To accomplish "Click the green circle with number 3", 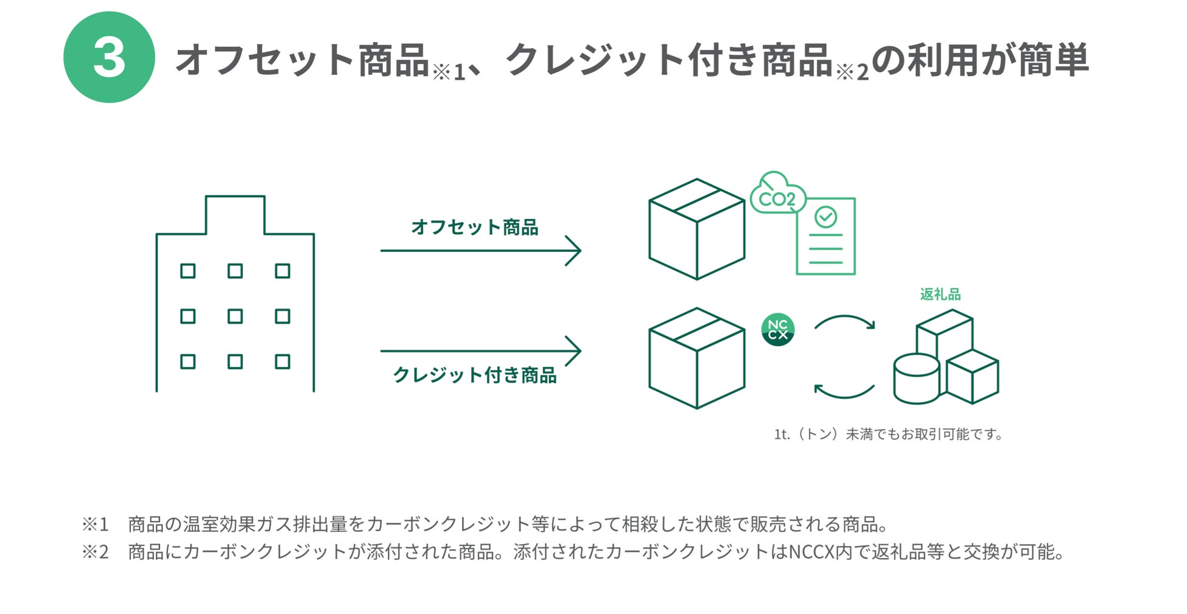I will pyautogui.click(x=109, y=57).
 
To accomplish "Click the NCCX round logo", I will pyautogui.click(x=777, y=330).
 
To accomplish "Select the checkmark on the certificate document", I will pyautogui.click(x=825, y=217).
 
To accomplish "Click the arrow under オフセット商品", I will pyautogui.click(x=480, y=250).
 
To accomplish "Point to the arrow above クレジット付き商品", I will pyautogui.click(x=480, y=351).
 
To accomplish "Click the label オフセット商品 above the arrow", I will pyautogui.click(x=474, y=228).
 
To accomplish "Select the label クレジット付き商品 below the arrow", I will pyautogui.click(x=474, y=375).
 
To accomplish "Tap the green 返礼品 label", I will pyautogui.click(x=940, y=295).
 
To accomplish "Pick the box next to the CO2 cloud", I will pyautogui.click(x=696, y=229).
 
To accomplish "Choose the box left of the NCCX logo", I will pyautogui.click(x=696, y=358).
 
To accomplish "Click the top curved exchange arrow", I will pyautogui.click(x=844, y=322).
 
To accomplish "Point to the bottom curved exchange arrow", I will pyautogui.click(x=844, y=391).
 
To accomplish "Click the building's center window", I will pyautogui.click(x=235, y=316).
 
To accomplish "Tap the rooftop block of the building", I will pyautogui.click(x=235, y=214).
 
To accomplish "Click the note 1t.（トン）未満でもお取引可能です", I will pyautogui.click(x=888, y=434).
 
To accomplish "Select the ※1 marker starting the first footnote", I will pyautogui.click(x=95, y=524).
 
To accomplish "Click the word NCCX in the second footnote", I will pyautogui.click(x=813, y=552).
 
